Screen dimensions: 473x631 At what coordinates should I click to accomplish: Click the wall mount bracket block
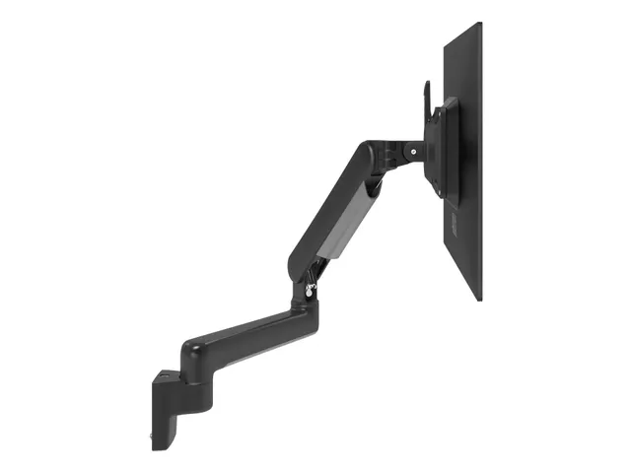pos(168,404)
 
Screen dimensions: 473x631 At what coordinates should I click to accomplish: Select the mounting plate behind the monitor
pos(447,148)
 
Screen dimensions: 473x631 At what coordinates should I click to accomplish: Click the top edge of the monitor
pos(462,29)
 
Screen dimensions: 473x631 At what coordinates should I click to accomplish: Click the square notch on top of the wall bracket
pos(169,375)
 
